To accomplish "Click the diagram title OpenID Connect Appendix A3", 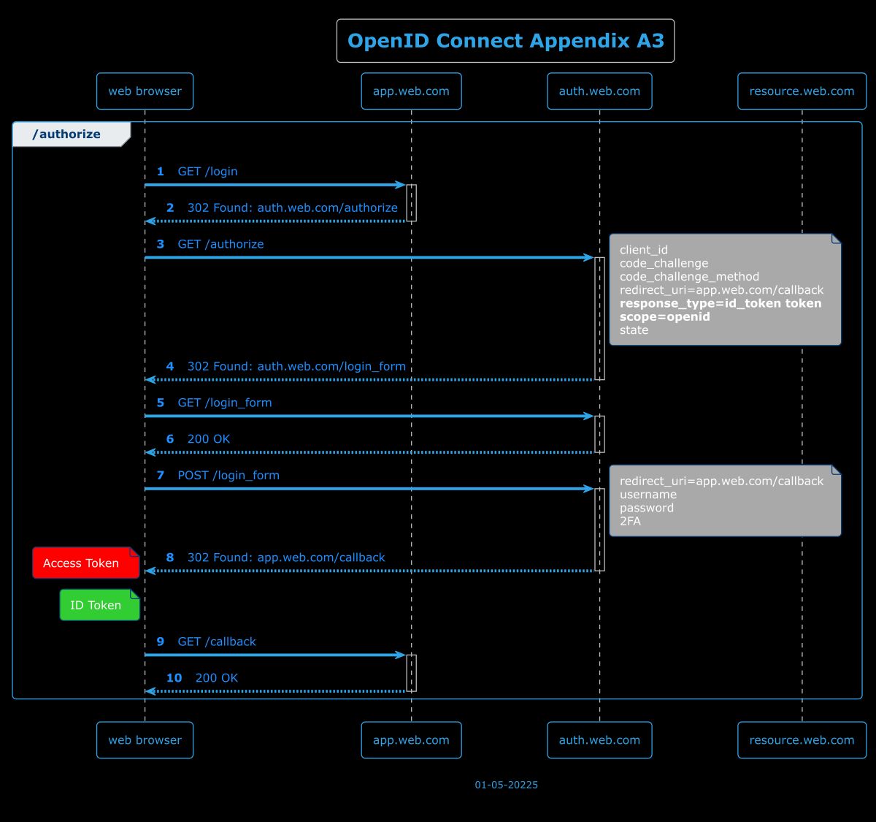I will [505, 41].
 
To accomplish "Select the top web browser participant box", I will [145, 91].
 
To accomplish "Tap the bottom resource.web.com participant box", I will [801, 740].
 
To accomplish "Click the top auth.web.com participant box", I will [599, 91].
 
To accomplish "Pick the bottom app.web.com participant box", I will [411, 740].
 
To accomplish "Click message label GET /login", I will [207, 172].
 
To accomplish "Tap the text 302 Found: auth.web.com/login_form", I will [296, 367].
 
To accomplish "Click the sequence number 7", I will [161, 476].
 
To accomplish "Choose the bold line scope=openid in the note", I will [664, 317].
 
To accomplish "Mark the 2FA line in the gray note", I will [630, 522].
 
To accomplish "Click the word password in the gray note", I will [646, 509].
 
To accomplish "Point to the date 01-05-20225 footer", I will [506, 785].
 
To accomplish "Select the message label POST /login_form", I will [228, 476].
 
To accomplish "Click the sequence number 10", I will [174, 678].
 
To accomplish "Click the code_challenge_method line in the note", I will [689, 277].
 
